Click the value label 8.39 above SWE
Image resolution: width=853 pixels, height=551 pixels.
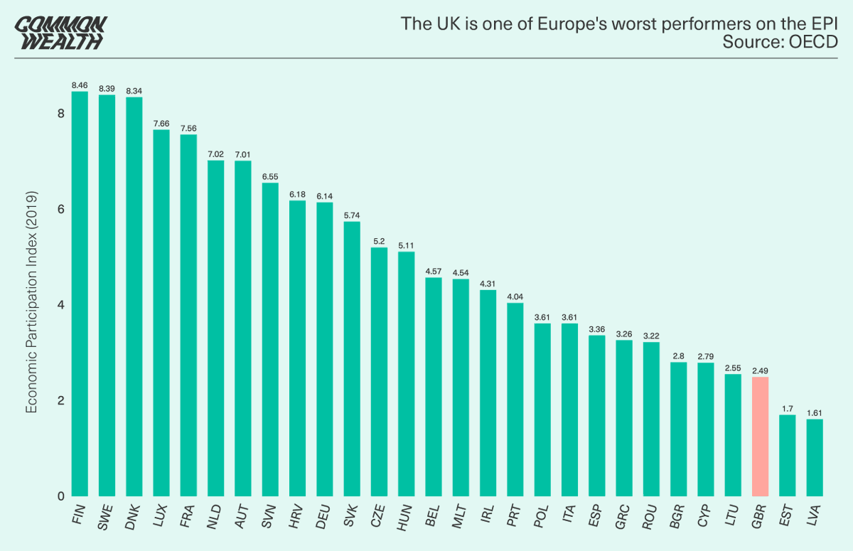tap(107, 88)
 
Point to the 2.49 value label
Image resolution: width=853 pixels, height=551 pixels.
tap(760, 370)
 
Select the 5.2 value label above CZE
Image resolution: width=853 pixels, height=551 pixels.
tap(380, 240)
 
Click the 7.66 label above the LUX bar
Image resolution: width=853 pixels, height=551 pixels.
tap(161, 123)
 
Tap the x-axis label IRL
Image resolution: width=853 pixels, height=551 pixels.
tap(487, 513)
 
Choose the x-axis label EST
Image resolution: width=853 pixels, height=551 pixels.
tap(785, 514)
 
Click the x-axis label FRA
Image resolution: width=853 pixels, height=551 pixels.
tap(187, 514)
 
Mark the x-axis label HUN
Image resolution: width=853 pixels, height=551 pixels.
tap(404, 514)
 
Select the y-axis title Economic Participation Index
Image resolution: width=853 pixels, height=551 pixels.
tap(31, 302)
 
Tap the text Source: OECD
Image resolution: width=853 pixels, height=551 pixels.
tap(780, 42)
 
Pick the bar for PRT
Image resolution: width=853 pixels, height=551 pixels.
tap(515, 400)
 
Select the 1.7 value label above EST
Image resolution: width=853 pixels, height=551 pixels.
tap(787, 408)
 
